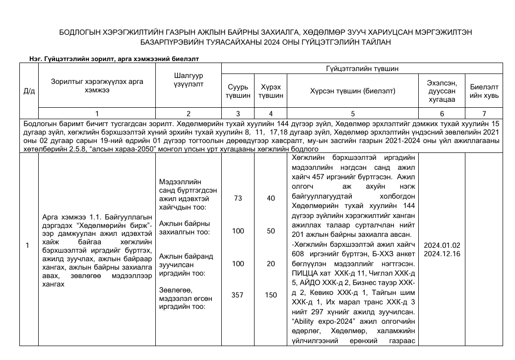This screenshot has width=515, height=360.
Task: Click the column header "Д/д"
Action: point(29,91)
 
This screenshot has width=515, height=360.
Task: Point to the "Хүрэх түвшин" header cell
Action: point(271,91)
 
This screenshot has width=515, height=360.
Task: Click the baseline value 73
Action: point(238,198)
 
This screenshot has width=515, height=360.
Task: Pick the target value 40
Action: point(271,198)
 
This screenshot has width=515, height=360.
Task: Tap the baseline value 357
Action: point(238,295)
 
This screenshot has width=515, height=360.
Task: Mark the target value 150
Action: point(271,295)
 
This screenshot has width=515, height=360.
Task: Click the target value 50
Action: point(271,231)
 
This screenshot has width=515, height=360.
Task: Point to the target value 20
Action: point(271,264)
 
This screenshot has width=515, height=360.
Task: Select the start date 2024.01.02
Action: point(442,245)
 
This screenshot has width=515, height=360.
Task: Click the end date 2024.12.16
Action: point(442,254)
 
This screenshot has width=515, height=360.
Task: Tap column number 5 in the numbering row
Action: point(353,114)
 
